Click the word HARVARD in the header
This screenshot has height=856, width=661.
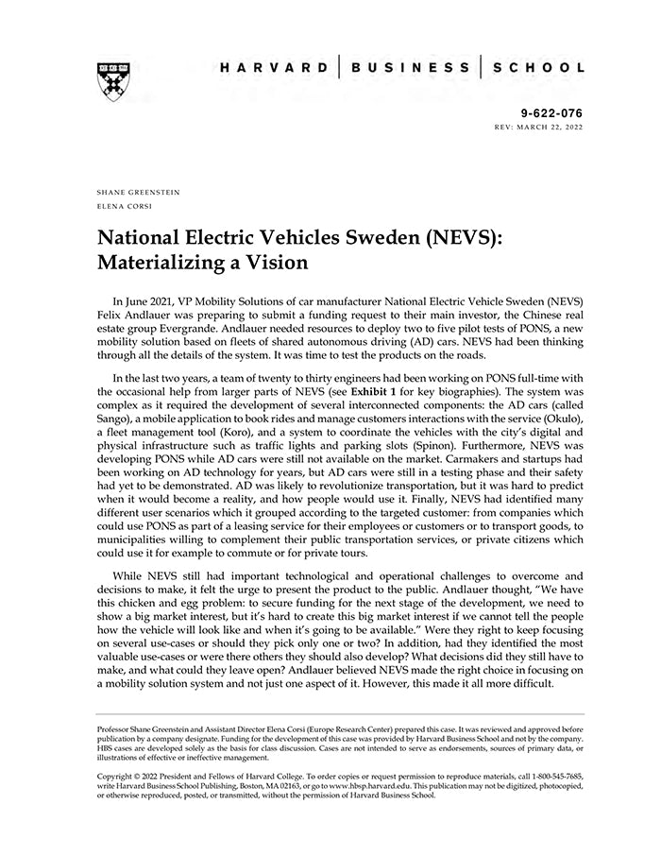274,68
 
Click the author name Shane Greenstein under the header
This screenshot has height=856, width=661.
139,192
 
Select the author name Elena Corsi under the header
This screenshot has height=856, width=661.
124,205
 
